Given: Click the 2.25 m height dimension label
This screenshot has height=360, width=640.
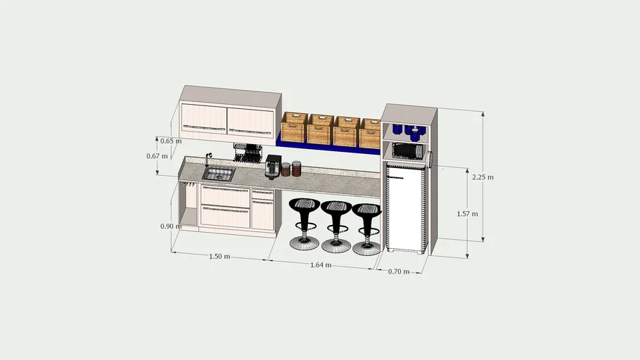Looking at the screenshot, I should point(483,177).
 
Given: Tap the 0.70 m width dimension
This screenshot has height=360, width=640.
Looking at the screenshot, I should point(398,271).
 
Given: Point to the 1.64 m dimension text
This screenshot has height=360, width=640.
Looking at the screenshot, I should point(321,265).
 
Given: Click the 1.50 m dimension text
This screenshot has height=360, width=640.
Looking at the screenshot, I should point(219,257).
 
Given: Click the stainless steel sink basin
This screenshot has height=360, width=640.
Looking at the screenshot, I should point(219,174).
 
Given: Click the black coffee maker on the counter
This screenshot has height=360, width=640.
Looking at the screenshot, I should point(272,166).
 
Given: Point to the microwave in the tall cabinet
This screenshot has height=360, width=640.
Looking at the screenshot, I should point(406,150).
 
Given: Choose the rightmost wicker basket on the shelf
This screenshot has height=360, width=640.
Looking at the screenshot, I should point(370,133).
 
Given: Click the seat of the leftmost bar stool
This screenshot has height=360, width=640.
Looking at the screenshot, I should point(304,206).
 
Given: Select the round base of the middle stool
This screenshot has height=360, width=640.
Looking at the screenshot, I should point(335,245).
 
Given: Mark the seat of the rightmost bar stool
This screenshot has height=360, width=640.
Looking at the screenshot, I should point(366,210).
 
